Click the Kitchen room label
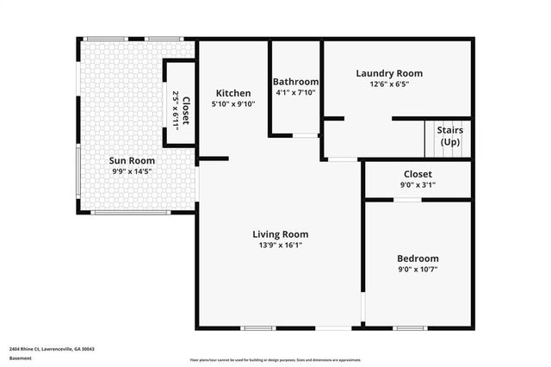tap(233, 93)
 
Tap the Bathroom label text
tap(296, 83)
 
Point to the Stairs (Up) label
tap(449, 136)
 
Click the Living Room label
tap(280, 234)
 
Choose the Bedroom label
tap(418, 258)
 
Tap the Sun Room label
tap(132, 160)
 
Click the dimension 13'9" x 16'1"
tap(280, 245)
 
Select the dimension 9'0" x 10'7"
tap(418, 270)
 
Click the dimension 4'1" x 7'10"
tap(296, 93)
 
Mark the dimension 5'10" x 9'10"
tap(233, 104)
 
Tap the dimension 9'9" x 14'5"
tap(132, 171)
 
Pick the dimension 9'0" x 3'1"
tap(418, 184)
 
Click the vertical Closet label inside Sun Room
tap(186, 110)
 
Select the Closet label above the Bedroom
tap(418, 174)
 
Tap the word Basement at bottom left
tap(20, 358)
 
